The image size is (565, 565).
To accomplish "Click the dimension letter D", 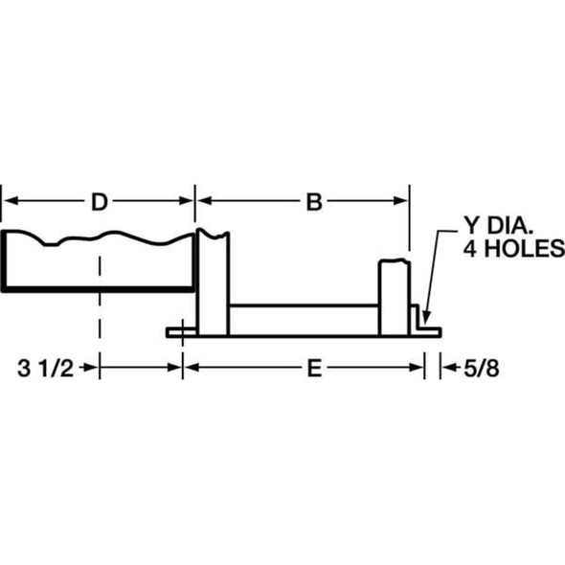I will (99, 201).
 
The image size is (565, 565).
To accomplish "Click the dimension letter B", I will (313, 201).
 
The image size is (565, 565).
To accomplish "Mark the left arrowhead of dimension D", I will (9, 201).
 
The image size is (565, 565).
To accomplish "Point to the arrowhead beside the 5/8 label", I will (445, 367).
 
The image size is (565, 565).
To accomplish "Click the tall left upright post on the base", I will (213, 282).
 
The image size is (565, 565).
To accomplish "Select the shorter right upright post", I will (394, 297).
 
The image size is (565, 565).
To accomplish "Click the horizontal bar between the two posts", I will (305, 318).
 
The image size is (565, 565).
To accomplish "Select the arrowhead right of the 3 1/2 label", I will (175, 367).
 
